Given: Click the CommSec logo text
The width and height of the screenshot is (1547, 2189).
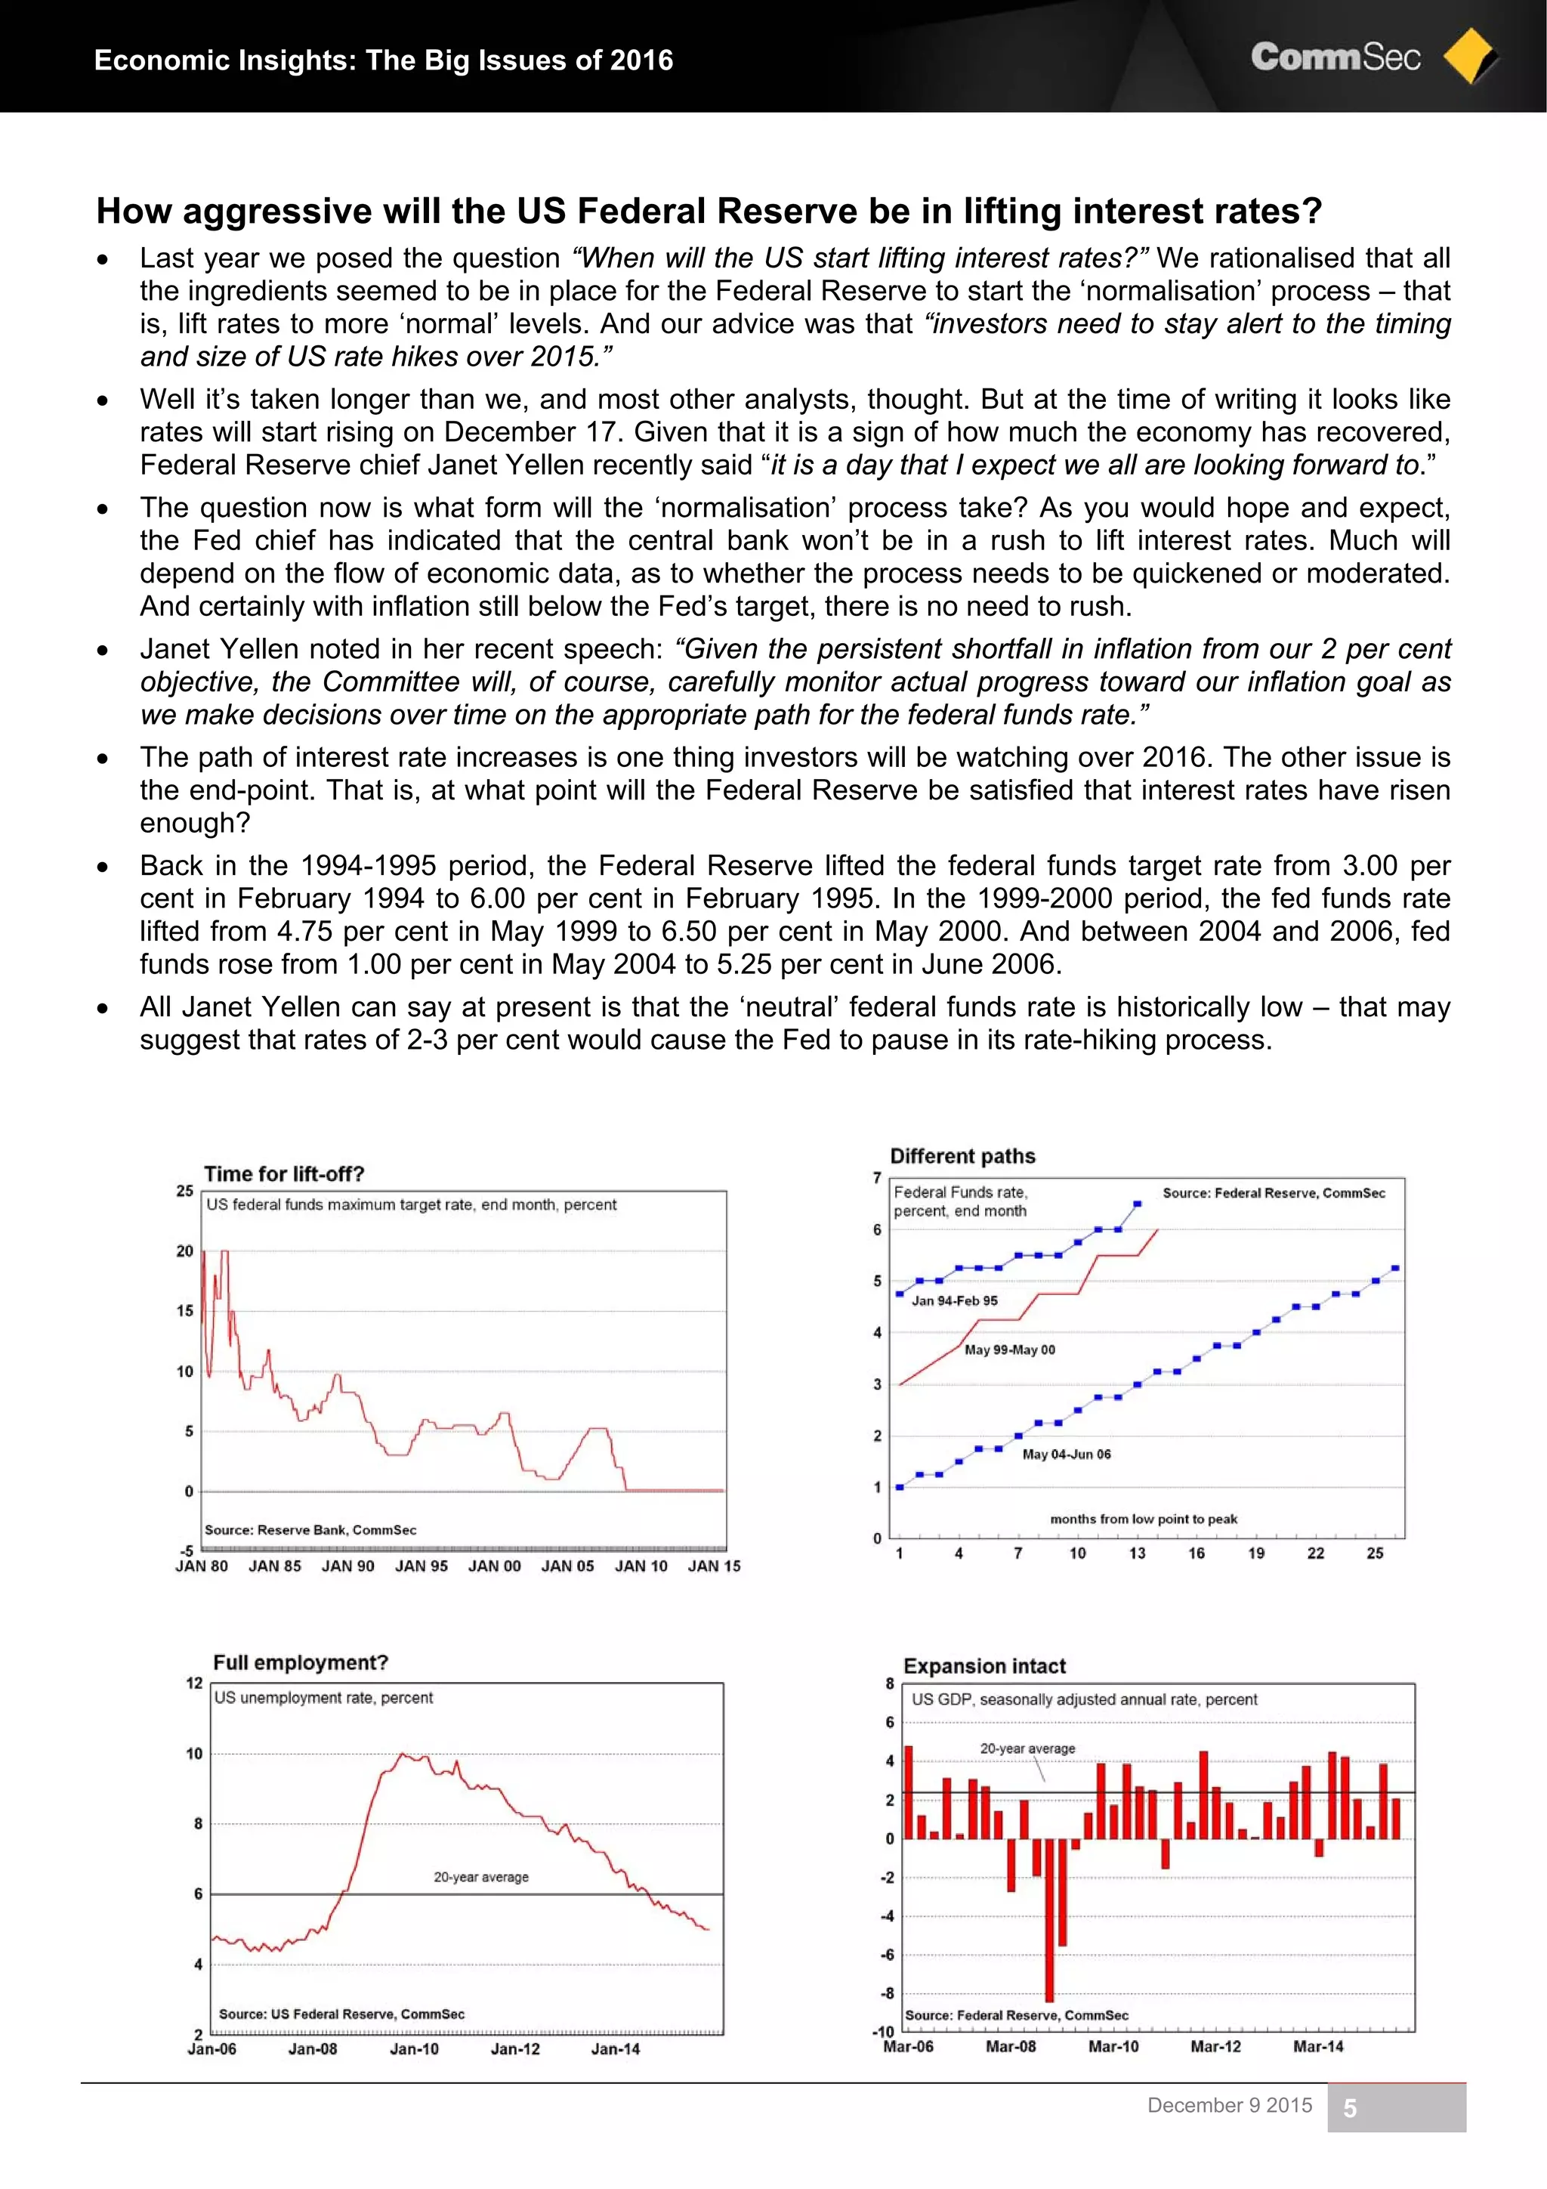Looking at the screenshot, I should [1335, 57].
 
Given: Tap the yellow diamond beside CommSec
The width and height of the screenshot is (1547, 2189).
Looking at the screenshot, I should [1469, 56].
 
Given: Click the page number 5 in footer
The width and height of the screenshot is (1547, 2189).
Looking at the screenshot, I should [1350, 2108].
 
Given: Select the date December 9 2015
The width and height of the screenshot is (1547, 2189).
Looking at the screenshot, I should [1230, 2105].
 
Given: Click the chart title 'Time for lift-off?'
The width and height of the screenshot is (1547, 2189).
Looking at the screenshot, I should [283, 1173].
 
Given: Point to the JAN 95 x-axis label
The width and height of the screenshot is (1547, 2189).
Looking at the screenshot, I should [421, 1566].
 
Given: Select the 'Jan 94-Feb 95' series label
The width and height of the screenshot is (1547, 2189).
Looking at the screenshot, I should [954, 1300].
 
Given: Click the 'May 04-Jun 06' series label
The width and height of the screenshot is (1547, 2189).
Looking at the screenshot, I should [1066, 1454].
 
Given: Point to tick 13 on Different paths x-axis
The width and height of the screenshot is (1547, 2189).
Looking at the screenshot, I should [1137, 1553].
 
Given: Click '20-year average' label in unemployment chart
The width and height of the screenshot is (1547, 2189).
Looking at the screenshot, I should [480, 1876].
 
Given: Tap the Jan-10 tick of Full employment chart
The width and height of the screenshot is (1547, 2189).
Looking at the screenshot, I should [414, 2049].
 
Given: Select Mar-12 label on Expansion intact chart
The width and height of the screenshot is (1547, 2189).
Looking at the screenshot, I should [1215, 2046].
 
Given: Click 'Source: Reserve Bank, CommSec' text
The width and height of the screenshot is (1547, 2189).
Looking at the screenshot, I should [310, 1529].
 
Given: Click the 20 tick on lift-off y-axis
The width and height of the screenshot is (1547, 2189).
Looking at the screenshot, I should [185, 1251].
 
